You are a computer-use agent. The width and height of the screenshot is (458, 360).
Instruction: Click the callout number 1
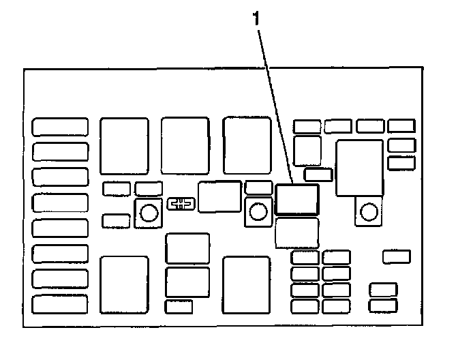pos(257,19)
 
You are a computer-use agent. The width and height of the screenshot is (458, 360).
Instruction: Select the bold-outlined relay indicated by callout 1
pos(297,200)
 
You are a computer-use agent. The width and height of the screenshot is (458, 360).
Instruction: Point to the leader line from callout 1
pos(276,102)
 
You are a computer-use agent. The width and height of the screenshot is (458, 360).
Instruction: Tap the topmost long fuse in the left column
pos(61,127)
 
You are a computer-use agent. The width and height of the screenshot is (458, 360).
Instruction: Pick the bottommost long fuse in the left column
pos(61,304)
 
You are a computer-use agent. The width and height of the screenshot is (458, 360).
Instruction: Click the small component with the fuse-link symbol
pos(181,203)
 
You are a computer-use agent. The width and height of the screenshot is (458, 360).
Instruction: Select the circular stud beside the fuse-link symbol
pos(147,213)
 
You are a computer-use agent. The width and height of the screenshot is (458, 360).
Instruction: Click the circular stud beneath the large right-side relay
pos(369,212)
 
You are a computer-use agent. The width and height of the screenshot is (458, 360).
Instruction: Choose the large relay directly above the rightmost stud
pos(360,168)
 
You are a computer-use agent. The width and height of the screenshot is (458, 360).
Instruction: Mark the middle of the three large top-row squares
pos(185,145)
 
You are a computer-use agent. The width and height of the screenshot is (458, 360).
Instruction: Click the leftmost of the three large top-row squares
pos(124,145)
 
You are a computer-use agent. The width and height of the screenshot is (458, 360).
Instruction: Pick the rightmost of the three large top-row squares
pos(247,145)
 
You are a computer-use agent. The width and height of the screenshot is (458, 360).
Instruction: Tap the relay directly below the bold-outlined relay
pos(297,233)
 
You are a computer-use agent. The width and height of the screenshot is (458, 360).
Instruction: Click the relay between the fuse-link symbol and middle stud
pos(219,196)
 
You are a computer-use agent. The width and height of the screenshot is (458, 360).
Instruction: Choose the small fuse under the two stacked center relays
pos(179,306)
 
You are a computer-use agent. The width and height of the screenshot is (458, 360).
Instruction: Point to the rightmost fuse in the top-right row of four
pos(401,126)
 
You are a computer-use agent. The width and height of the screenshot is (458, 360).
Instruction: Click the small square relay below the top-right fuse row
pos(307,150)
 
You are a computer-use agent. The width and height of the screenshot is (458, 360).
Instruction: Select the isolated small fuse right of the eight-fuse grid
pos(396,256)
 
